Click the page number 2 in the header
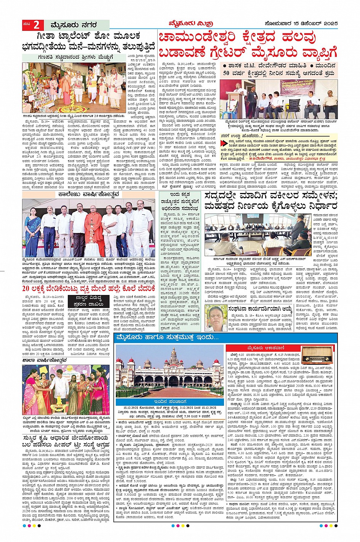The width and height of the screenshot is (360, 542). [36, 25]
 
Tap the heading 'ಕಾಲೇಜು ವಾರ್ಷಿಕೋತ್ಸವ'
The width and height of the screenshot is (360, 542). [89, 194]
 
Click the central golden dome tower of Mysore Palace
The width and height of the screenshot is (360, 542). [174, 360]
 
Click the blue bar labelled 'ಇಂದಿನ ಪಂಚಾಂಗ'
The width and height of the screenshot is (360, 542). [170, 401]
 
